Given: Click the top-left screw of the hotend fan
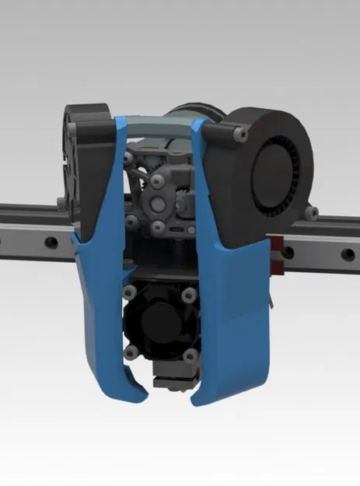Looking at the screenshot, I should (128, 292).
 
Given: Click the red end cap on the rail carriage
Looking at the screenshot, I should (276, 257).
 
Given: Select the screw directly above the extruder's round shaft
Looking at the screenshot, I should (158, 180).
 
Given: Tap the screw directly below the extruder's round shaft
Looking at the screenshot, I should (158, 227).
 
